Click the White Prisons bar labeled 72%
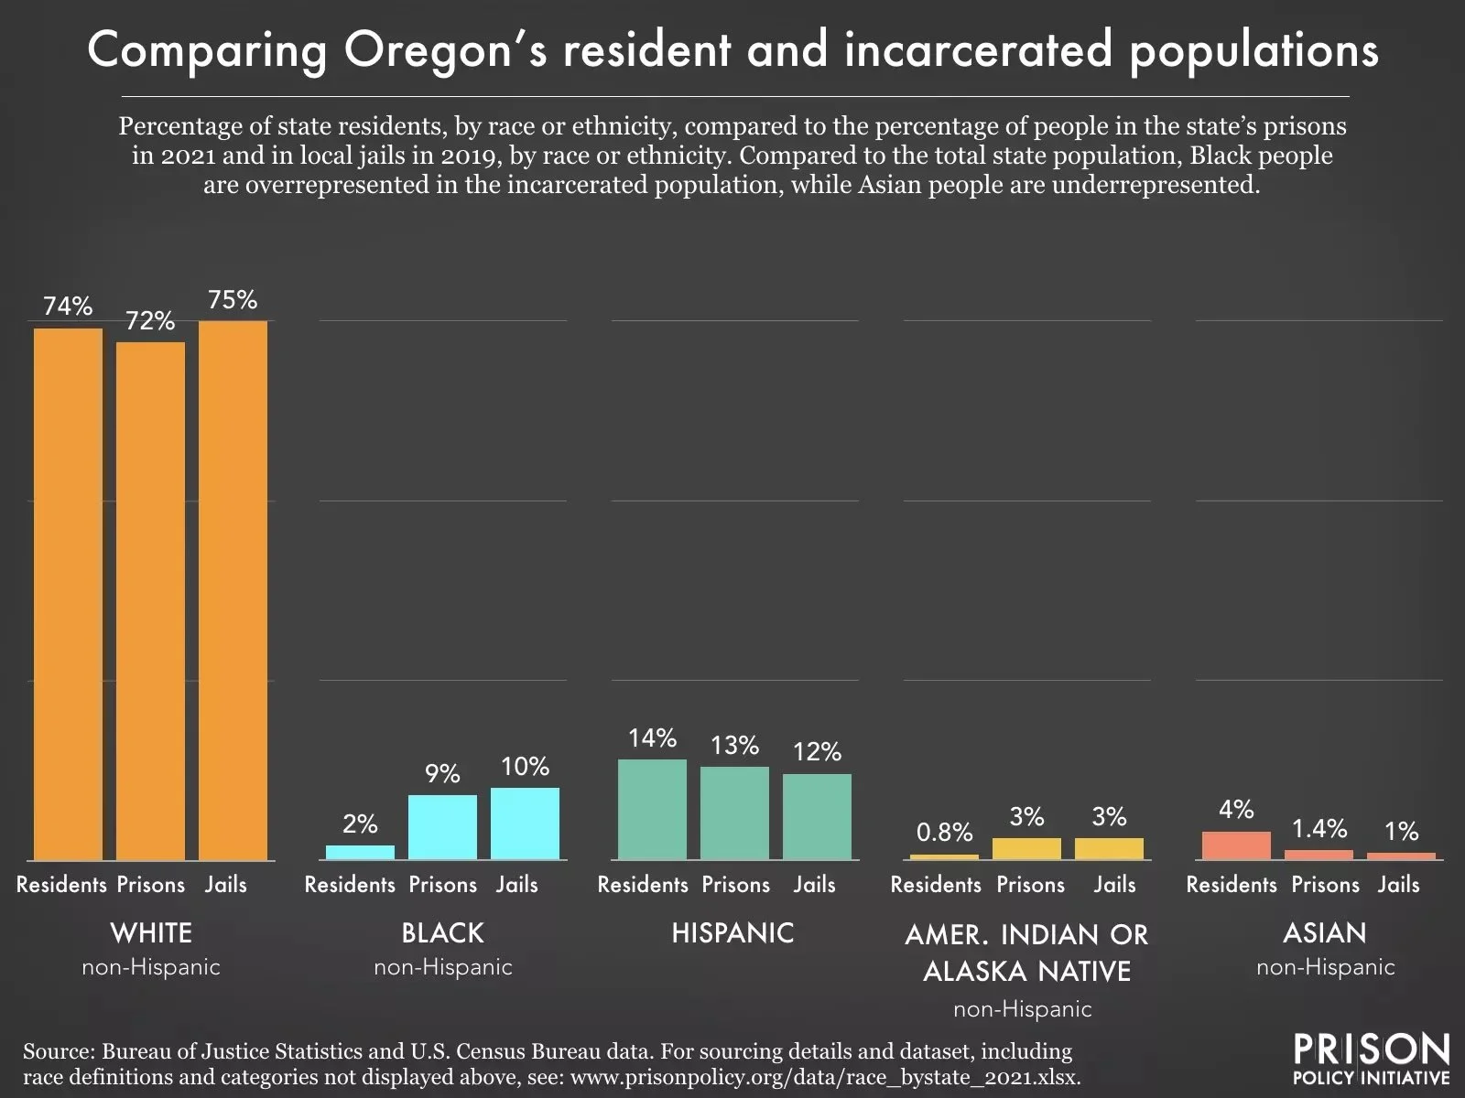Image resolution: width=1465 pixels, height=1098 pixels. pos(150,601)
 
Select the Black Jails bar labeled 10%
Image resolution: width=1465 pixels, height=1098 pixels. pos(525,823)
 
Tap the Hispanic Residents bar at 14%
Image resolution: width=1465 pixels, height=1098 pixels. pos(652,809)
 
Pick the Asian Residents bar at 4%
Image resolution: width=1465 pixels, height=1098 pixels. pos(1236,845)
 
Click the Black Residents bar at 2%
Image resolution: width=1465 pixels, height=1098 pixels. pos(360,852)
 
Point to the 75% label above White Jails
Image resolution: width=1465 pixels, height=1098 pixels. pos(233,300)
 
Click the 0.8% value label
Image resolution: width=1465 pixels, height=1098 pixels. pos(944,832)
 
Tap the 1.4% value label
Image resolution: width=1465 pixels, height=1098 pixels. pos(1318,829)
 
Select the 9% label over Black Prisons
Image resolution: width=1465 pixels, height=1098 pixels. pos(442,774)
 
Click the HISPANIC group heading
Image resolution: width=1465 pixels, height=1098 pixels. pos(732,933)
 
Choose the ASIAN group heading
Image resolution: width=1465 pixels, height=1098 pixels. pos(1324,933)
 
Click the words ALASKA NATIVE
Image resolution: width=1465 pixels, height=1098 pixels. pos(1026,971)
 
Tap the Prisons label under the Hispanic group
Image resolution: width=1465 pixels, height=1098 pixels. pos(735,885)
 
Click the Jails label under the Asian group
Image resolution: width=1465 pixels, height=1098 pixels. pos(1398,885)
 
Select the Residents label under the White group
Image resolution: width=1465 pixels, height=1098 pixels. pos(61,885)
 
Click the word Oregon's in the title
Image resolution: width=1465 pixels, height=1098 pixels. pos(442,51)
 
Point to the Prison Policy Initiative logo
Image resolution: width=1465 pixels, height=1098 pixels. pos(1371,1059)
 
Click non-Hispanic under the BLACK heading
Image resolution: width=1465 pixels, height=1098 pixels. pos(442,967)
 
